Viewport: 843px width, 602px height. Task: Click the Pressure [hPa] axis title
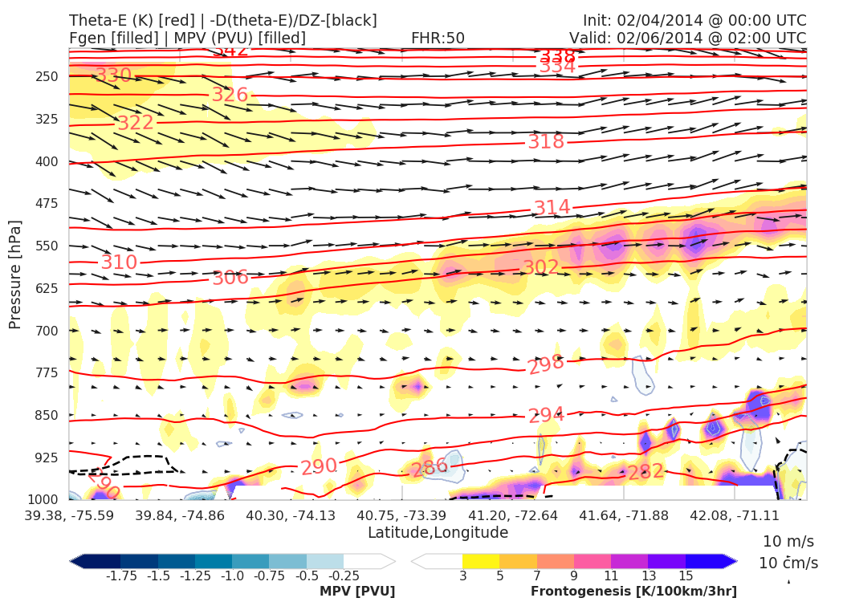coord(15,274)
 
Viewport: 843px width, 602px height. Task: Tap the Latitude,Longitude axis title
coord(438,533)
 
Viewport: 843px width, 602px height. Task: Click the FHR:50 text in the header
coord(438,38)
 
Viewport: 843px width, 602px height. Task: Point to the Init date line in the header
coord(694,20)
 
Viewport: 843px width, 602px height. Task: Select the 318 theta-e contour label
coord(546,142)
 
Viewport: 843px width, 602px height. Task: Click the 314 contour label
coord(552,208)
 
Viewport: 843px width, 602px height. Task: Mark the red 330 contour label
coord(113,76)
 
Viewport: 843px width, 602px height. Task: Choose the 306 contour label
coord(230,279)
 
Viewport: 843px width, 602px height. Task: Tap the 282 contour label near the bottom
coord(645,472)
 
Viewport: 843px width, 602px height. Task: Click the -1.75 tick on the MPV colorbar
coord(120,576)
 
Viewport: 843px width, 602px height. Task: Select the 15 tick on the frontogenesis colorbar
coord(685,576)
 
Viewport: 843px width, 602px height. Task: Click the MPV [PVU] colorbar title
coord(356,592)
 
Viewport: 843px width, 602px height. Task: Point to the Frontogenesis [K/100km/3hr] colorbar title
coord(633,592)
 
